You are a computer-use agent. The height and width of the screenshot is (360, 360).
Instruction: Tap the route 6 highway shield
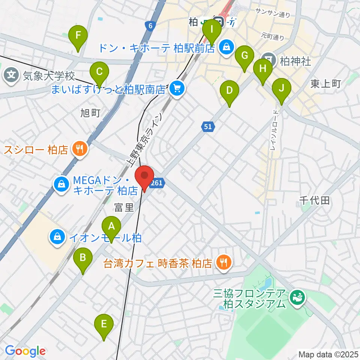[x=150, y=25]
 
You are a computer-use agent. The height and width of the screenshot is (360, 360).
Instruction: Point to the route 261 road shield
[x=157, y=183]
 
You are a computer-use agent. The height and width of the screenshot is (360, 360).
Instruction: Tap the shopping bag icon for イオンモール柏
[x=57, y=237]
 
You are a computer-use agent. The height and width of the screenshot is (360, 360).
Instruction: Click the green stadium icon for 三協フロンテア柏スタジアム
[x=298, y=298]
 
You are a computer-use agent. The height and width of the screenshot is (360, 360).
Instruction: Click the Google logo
[x=25, y=351]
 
